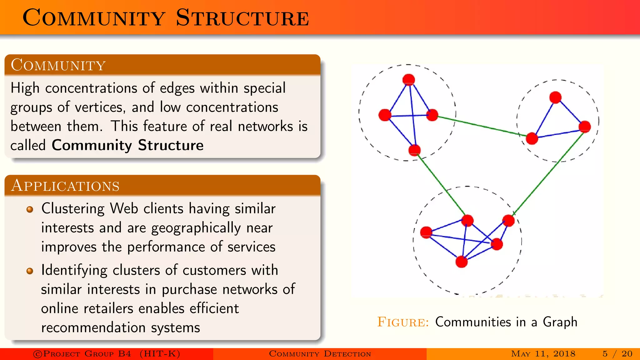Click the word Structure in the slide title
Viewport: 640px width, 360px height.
[242, 18]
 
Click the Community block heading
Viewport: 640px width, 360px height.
[58, 65]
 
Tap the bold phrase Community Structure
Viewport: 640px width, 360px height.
[127, 145]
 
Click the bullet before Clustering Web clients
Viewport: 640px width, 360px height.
[30, 209]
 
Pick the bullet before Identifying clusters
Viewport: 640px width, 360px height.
[30, 271]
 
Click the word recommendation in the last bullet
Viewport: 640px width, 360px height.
[93, 328]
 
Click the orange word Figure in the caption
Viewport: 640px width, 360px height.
[403, 322]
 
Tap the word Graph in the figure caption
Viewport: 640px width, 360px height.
[560, 322]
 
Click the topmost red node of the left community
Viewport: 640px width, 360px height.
[409, 80]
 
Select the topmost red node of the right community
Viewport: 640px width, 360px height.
[555, 97]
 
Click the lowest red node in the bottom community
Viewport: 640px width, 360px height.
[462, 262]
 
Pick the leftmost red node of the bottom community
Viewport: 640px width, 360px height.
[426, 232]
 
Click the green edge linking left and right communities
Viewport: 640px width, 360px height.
[481, 126]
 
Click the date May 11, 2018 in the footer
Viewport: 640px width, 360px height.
[543, 354]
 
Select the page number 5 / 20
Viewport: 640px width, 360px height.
[617, 354]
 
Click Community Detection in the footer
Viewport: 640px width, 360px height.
[320, 354]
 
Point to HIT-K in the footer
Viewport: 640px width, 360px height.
[160, 354]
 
